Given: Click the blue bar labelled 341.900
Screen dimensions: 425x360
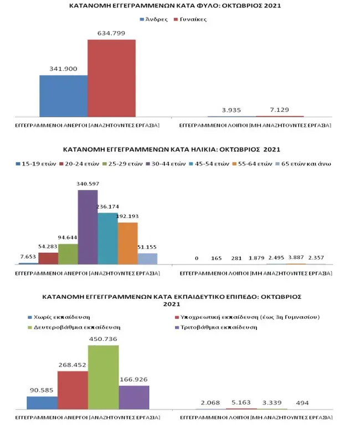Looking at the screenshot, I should tap(63, 96).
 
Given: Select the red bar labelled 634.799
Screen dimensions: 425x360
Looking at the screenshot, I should tap(111, 78).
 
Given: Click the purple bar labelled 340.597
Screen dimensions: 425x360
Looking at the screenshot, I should tap(88, 227).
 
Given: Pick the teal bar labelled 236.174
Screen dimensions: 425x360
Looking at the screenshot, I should tap(107, 239).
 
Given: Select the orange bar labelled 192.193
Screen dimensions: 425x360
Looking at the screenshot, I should tap(127, 243).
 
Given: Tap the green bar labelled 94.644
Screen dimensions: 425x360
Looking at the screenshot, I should tap(68, 254).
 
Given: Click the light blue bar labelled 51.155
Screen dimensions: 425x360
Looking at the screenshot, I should tap(147, 258).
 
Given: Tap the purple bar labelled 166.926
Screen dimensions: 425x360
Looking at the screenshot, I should tap(134, 397).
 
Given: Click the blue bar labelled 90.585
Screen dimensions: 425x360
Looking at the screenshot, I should tap(42, 402).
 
